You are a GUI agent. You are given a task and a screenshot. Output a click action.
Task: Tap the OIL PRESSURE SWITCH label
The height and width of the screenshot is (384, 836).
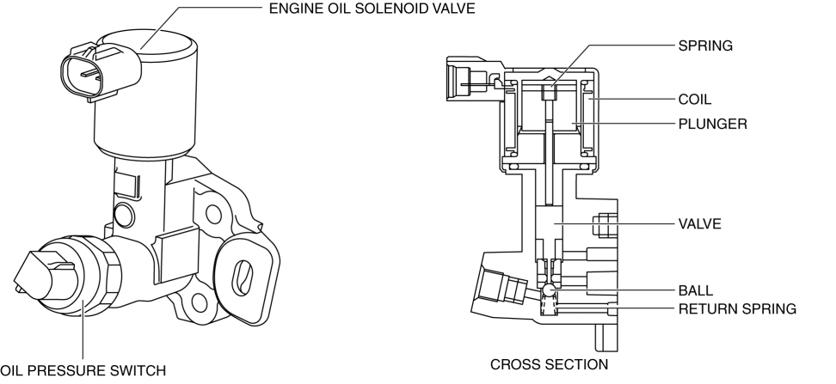82,370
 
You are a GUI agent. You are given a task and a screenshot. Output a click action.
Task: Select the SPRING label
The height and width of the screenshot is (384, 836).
705,46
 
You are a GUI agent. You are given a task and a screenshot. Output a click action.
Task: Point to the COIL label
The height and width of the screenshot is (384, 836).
695,99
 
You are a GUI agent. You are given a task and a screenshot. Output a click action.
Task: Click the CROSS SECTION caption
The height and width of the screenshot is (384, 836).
549,364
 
